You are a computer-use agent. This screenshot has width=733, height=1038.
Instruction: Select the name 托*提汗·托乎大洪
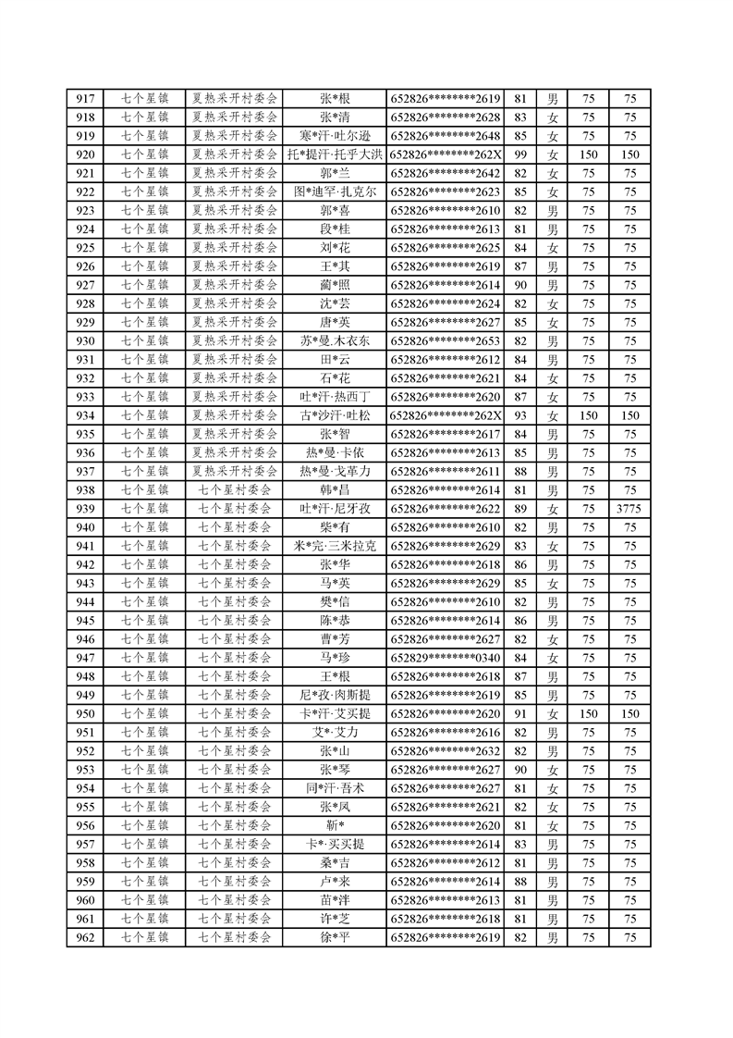tap(335, 154)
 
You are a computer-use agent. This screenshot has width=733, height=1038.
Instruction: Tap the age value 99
tap(519, 154)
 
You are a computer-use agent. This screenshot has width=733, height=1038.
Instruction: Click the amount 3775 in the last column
tap(630, 509)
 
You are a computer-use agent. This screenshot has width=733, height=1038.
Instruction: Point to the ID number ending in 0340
tap(446, 658)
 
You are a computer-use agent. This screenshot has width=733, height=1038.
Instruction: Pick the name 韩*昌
tap(335, 489)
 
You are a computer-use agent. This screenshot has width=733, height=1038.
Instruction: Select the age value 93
tap(519, 415)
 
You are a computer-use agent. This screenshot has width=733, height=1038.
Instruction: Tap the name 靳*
tap(335, 825)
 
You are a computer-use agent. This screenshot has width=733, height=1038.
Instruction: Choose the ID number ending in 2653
tap(446, 340)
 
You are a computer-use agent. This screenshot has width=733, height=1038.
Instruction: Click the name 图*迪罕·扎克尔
tap(335, 192)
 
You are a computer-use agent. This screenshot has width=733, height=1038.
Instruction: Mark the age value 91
tap(519, 713)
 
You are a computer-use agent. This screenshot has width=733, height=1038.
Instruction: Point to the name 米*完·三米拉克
tap(335, 546)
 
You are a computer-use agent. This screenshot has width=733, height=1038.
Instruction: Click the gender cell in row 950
tap(553, 713)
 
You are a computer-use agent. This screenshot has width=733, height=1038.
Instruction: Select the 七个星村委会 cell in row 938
tap(235, 489)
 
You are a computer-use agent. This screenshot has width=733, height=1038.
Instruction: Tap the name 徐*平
tap(335, 937)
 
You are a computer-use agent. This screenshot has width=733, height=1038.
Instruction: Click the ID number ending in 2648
tap(446, 136)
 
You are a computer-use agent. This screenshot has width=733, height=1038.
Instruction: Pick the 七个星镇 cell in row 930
tap(145, 340)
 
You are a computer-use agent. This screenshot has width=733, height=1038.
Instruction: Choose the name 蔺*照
tap(335, 285)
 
